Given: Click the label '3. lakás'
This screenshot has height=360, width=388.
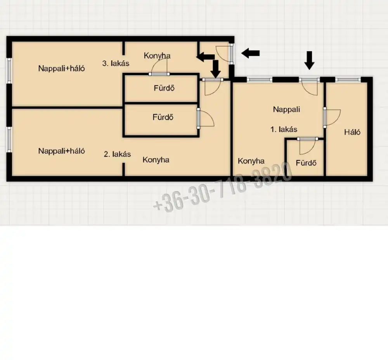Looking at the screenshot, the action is tap(116, 63).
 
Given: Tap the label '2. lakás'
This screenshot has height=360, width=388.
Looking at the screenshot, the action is tap(117, 154).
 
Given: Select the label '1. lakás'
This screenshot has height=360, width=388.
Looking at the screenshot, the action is tap(284, 129).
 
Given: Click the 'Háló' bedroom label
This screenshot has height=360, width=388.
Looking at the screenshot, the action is tap(352, 132).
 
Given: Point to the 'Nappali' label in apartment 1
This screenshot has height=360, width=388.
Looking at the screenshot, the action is tap(286, 110).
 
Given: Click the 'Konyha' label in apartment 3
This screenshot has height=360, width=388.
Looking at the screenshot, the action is tap(157, 56).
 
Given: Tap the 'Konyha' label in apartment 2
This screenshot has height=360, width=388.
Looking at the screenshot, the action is tap(156, 160).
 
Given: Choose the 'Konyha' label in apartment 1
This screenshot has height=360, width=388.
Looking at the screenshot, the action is tap(251, 161).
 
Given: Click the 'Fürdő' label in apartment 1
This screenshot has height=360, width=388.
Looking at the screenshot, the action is tap(306, 163).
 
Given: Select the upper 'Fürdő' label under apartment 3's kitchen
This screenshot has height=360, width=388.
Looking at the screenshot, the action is tap(164, 88).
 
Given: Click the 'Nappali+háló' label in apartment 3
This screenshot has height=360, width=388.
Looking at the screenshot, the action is tap(62, 68).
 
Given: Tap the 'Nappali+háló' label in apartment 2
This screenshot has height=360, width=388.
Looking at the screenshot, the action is tap(62, 151).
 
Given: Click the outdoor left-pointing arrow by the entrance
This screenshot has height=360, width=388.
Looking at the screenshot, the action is tap(250, 53).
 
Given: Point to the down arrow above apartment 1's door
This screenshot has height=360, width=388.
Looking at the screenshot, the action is tap(309, 61).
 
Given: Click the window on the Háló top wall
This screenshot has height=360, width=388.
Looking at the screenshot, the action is tap(348, 80).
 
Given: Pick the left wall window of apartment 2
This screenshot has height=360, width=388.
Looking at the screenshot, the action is tap(9, 139).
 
